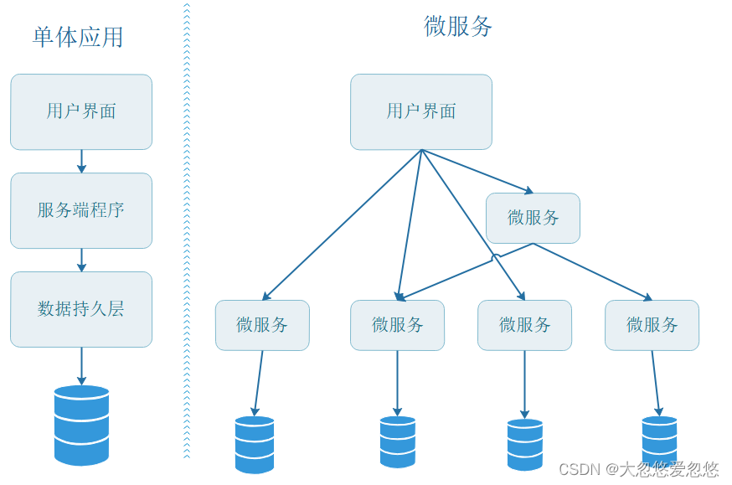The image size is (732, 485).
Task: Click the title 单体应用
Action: point(78,37)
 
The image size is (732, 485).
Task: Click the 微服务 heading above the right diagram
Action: point(458,26)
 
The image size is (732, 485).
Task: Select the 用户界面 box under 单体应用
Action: point(81,111)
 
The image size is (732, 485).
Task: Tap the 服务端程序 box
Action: point(81,210)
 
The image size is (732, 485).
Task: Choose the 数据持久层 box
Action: point(81,309)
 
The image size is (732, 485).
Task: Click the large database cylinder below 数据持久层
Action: point(81,425)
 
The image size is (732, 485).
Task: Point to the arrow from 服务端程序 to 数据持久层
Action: point(81,260)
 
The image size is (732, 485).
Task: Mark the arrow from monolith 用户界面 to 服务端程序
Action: point(81,161)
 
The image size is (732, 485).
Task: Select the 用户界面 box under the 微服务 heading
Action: point(421,111)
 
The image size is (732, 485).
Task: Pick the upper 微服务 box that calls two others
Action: point(534,218)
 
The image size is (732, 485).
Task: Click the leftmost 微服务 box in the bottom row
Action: point(262,325)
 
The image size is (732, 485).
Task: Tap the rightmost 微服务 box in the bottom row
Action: point(652,325)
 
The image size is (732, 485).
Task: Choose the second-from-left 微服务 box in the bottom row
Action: point(398,325)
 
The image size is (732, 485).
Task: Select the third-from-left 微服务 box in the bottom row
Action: point(525,325)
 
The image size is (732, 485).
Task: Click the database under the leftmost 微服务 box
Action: point(255,444)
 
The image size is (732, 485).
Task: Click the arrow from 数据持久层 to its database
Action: point(81,365)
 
